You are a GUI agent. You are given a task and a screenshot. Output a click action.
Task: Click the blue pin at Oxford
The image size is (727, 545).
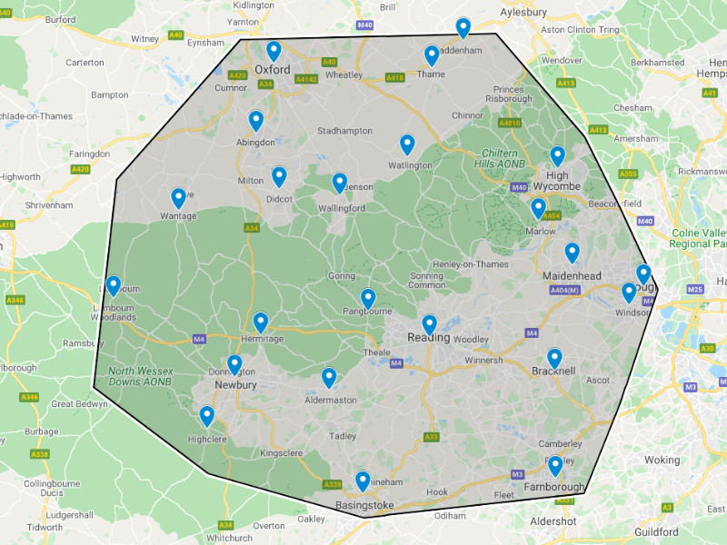tap(274, 51)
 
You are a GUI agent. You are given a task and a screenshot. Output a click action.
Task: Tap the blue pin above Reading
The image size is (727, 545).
tap(429, 324)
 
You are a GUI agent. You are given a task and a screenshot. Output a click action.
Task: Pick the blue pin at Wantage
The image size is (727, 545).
tap(178, 198)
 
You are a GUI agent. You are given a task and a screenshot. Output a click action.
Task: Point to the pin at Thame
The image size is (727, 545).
tap(432, 56)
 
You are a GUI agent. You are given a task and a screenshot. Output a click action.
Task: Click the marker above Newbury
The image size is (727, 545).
tap(234, 365)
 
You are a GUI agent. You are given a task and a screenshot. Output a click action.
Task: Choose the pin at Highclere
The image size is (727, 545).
tap(206, 416)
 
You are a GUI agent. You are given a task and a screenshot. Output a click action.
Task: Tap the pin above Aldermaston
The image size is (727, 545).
tap(329, 378)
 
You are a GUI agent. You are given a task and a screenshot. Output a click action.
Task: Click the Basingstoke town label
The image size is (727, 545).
tap(364, 505)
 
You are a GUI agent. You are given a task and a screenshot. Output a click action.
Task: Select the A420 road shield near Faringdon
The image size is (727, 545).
tap(80, 169)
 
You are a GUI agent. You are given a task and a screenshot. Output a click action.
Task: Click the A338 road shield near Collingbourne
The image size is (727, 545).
tap(39, 454)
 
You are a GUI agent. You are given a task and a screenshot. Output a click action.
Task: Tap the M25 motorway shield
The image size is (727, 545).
tap(696, 289)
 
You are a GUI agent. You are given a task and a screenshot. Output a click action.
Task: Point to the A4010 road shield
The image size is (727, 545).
tap(510, 123)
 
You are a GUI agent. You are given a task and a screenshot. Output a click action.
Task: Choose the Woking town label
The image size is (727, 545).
tap(662, 460)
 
